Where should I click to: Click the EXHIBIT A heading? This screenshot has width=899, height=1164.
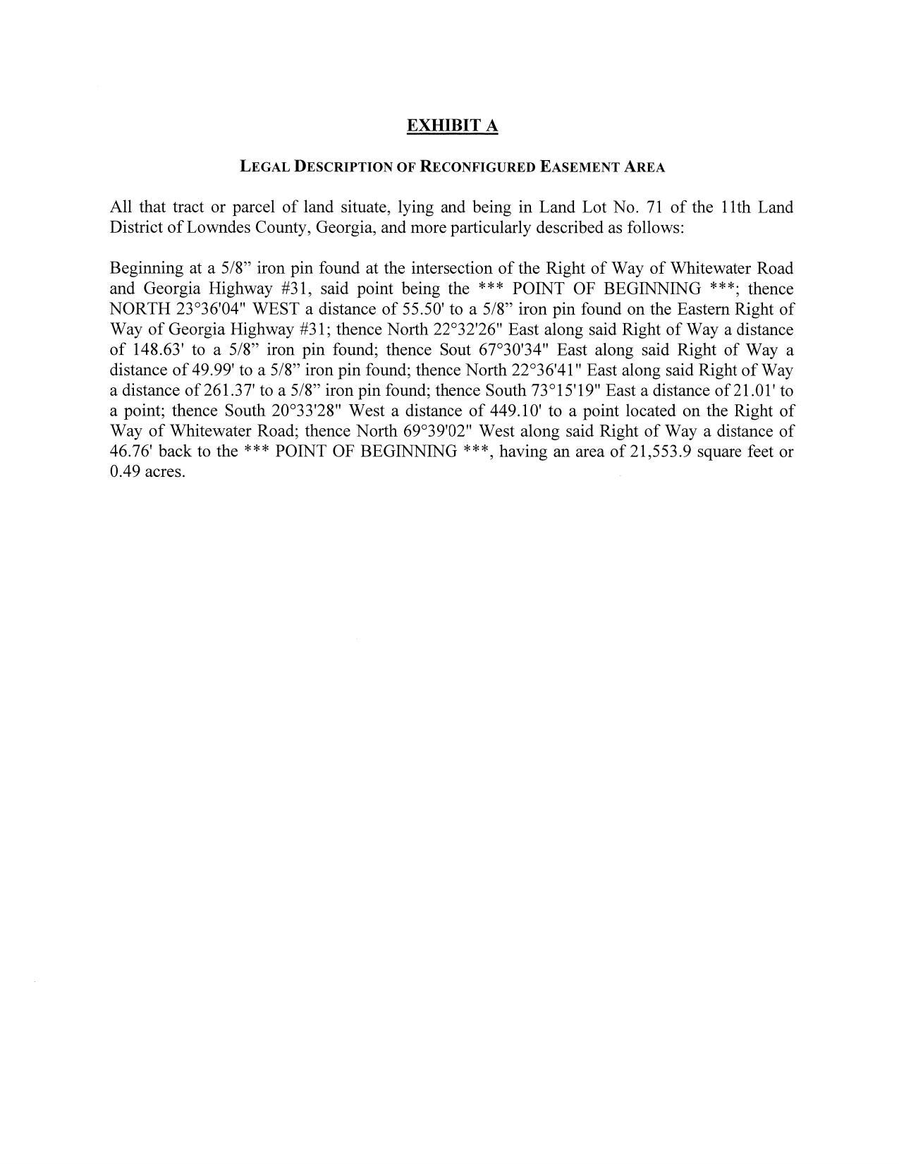[x=452, y=126]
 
